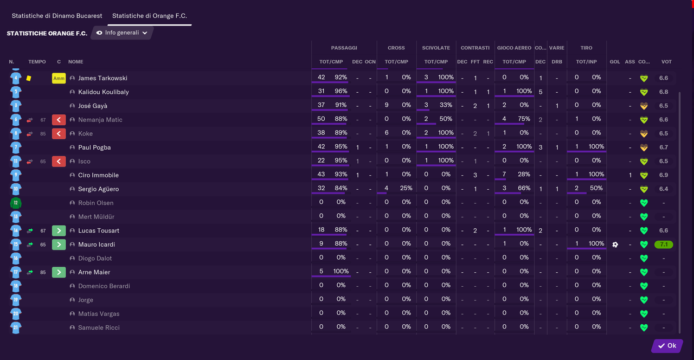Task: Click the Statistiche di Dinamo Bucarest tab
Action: [57, 16]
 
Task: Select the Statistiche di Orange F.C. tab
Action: [149, 16]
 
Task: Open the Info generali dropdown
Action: [122, 33]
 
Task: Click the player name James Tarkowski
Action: [102, 78]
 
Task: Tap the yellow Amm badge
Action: [59, 78]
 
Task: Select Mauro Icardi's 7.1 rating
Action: [664, 245]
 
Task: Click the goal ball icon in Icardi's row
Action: [615, 245]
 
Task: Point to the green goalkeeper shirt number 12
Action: [16, 203]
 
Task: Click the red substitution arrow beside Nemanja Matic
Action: [59, 120]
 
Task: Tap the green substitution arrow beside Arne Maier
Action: [59, 272]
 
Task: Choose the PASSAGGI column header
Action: [344, 48]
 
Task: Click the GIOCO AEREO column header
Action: [514, 48]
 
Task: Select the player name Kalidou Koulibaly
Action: [104, 92]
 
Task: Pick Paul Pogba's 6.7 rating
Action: [664, 147]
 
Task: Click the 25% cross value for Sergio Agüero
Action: [406, 188]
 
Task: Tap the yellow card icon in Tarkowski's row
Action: [29, 78]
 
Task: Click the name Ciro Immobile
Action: [98, 175]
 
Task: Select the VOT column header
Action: [666, 62]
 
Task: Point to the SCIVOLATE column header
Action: [436, 48]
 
